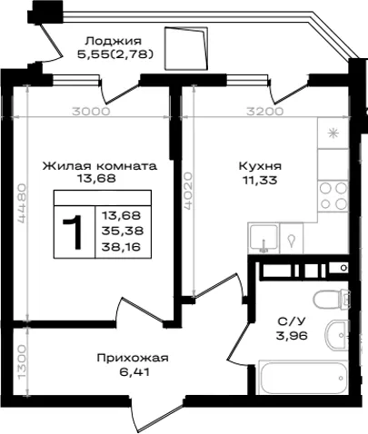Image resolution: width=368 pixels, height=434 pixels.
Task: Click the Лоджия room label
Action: (x=114, y=41)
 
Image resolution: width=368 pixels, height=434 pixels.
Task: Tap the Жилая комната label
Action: (x=100, y=166)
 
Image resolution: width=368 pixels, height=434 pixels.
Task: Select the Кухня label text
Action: (x=260, y=166)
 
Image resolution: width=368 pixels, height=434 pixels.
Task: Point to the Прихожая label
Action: (x=133, y=359)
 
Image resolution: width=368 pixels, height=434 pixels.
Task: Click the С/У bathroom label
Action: (x=292, y=321)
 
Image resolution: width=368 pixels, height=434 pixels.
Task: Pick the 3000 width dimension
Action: (x=91, y=112)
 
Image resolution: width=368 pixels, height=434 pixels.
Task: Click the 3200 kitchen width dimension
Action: (x=264, y=112)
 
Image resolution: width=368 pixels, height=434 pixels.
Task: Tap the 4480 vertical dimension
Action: (x=22, y=203)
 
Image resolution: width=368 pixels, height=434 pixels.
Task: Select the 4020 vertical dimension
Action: (x=188, y=191)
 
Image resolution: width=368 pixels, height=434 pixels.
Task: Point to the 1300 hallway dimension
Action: (x=22, y=362)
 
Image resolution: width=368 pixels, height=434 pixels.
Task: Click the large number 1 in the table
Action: (x=73, y=232)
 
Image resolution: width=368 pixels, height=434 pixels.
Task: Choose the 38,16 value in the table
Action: (x=122, y=247)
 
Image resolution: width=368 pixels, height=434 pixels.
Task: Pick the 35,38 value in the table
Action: (x=122, y=232)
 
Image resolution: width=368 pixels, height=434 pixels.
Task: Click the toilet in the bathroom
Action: (x=332, y=300)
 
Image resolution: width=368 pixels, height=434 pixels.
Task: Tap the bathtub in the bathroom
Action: (x=303, y=377)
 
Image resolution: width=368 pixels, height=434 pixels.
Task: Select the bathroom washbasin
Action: (x=335, y=335)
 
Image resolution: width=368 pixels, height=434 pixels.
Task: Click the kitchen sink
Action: (x=264, y=238)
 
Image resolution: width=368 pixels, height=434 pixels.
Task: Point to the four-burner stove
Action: (x=333, y=195)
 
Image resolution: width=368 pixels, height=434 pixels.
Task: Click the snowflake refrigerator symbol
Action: (x=333, y=133)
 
